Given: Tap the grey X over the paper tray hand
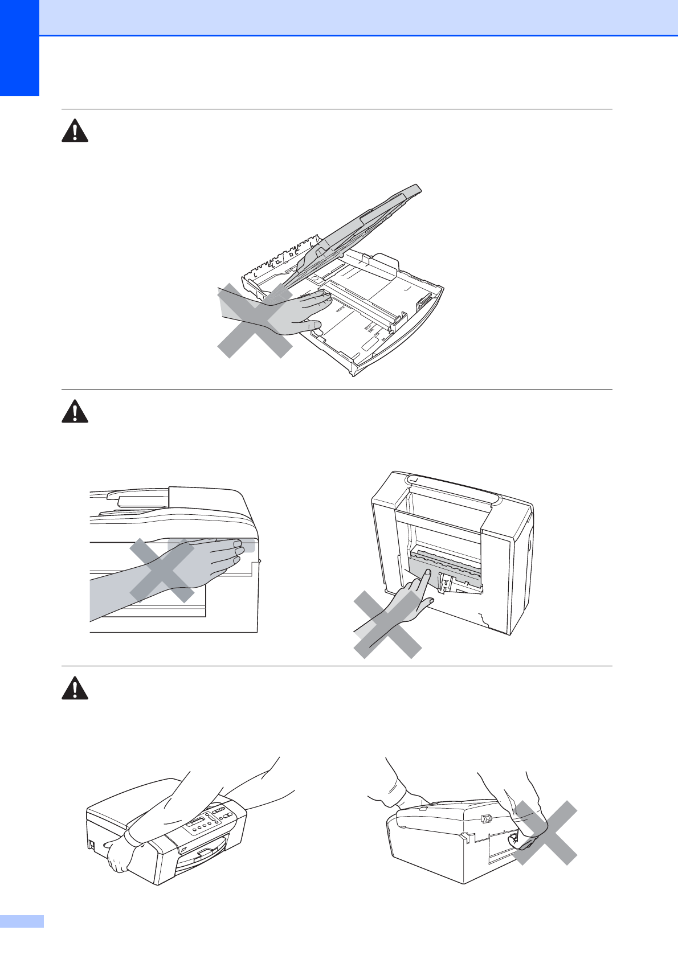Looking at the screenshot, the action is [x=255, y=321].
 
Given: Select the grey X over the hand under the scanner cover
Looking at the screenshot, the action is [x=162, y=571].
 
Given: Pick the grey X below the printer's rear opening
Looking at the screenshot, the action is [x=387, y=625].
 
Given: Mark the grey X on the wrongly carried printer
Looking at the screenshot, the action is [x=544, y=833].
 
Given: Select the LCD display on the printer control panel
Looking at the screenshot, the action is [x=197, y=822].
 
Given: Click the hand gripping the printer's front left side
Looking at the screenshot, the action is [x=120, y=855].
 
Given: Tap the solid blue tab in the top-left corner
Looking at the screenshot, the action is [x=19, y=48].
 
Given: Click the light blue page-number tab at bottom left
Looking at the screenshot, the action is [x=22, y=921].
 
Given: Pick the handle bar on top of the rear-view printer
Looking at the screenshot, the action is [x=453, y=490].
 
